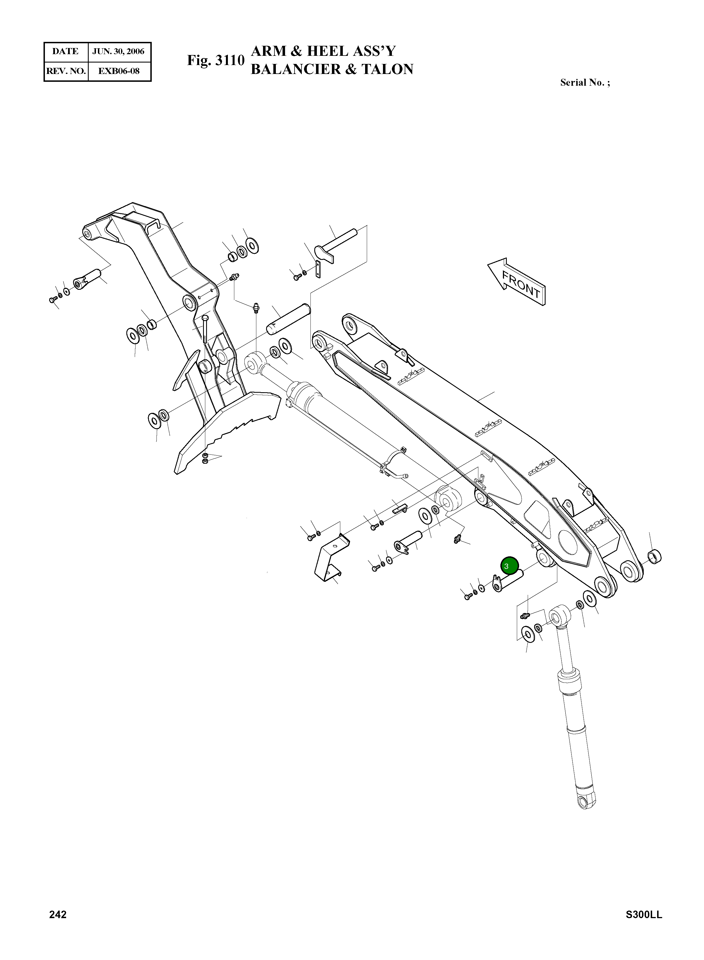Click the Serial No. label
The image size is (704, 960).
[x=584, y=83]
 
